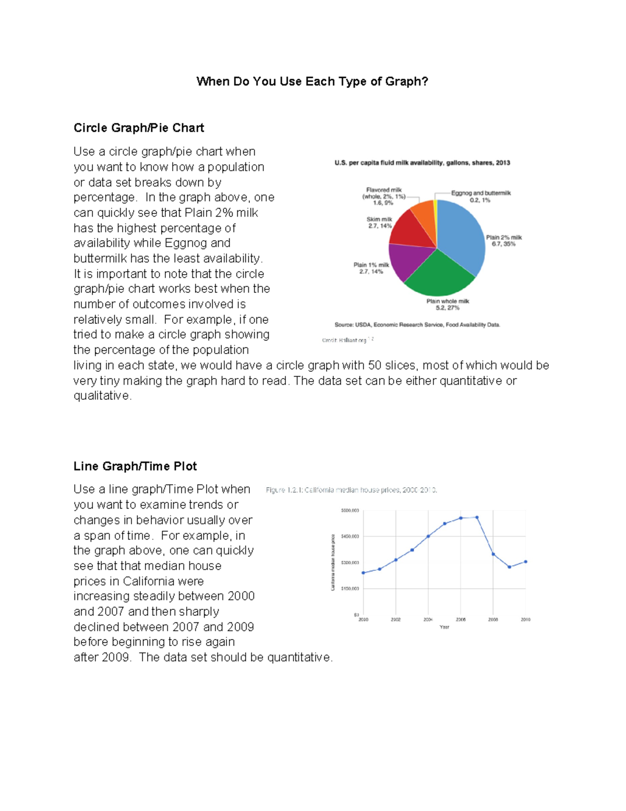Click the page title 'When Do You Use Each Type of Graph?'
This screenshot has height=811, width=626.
tap(312, 81)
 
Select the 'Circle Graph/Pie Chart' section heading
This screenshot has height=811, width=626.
tap(139, 128)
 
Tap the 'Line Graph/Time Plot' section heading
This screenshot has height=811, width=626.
tap(135, 466)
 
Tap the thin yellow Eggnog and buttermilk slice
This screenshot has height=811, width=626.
tap(435, 209)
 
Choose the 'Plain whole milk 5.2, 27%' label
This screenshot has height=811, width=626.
tap(448, 304)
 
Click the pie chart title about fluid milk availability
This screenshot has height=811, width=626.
tap(422, 163)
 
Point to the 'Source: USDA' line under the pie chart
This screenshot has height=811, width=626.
tap(417, 325)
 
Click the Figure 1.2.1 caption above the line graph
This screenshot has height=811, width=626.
tap(351, 490)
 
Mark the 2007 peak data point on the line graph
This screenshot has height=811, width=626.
tap(477, 518)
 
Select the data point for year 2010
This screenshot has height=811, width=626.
tap(525, 562)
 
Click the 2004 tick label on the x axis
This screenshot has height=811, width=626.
tap(428, 619)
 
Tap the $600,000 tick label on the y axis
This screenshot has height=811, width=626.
tap(350, 511)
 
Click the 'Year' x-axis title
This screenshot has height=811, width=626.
tap(444, 627)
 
